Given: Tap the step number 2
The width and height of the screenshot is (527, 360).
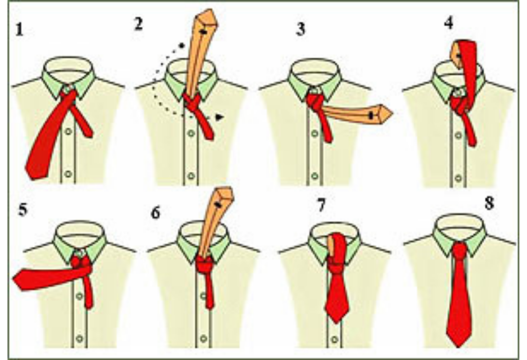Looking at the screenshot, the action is (x=138, y=24).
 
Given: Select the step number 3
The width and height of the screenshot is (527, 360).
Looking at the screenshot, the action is (x=301, y=29).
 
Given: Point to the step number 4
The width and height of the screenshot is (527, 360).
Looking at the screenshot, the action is (x=448, y=23).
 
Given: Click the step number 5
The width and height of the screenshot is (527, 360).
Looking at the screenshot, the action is (x=22, y=210).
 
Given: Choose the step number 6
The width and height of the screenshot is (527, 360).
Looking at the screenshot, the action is (x=155, y=213).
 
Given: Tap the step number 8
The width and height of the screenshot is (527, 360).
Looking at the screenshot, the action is (x=489, y=203).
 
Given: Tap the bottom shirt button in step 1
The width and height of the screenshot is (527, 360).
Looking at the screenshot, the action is (x=68, y=174).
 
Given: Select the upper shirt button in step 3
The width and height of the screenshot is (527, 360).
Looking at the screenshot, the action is (x=314, y=134).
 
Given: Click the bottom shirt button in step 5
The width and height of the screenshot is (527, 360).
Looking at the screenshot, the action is (x=79, y=338).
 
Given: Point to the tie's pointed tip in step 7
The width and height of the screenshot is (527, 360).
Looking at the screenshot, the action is (x=337, y=323).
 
